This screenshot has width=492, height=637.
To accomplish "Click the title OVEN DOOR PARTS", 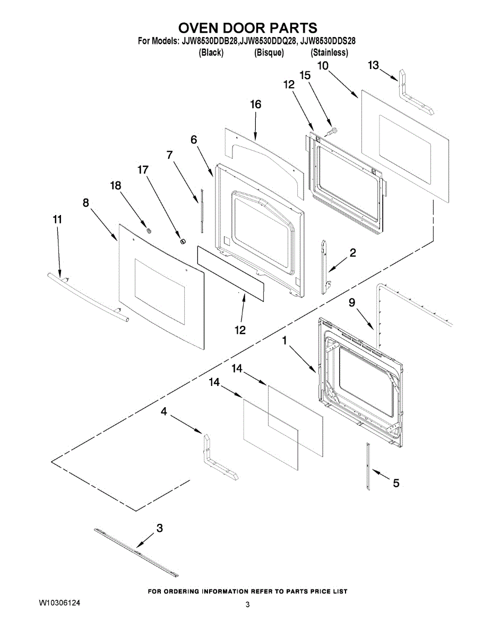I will point(247,28).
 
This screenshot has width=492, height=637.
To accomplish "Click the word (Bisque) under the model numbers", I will point(269,53).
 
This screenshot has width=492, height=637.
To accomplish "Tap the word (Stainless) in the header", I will point(329,53).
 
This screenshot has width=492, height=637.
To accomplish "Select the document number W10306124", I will point(60,604).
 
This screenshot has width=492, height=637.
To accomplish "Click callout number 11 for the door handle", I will point(57,219).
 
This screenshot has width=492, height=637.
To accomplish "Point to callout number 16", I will point(256,105).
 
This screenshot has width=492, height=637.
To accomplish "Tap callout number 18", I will point(115,185).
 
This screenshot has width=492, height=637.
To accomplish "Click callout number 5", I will point(396,483).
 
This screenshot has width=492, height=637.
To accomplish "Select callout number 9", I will point(351,303).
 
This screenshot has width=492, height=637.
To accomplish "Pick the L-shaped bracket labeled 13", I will point(415,96).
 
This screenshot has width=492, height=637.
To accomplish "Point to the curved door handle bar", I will point(88,297).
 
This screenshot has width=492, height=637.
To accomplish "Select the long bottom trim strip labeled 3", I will point(136,553).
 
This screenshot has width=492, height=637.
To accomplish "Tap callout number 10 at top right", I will point(323,65).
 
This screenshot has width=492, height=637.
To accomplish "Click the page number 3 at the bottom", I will point(247,605).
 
